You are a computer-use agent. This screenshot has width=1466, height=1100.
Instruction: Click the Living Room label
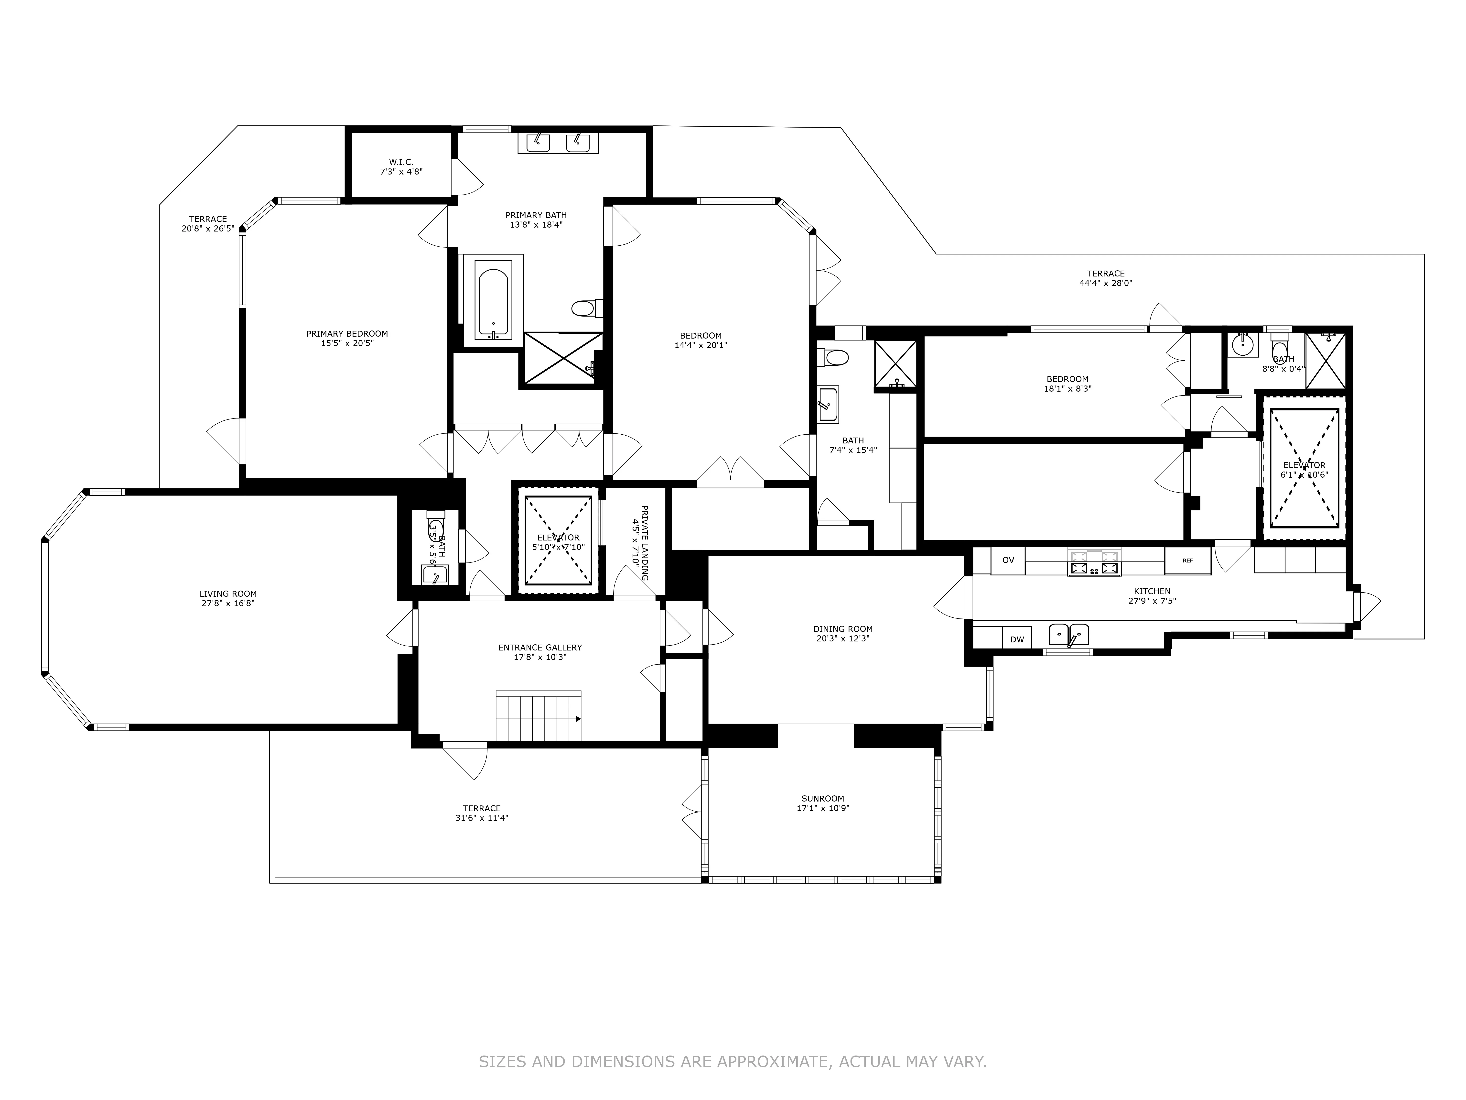pyautogui.click(x=228, y=594)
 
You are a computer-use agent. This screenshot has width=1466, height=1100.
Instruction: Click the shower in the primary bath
pyautogui.click(x=563, y=358)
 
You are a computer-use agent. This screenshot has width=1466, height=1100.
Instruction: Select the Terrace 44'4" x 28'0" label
pyautogui.click(x=1105, y=273)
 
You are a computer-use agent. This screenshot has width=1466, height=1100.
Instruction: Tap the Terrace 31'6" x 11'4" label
pyautogui.click(x=482, y=808)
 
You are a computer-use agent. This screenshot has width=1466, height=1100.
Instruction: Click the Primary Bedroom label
pyautogui.click(x=347, y=333)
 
